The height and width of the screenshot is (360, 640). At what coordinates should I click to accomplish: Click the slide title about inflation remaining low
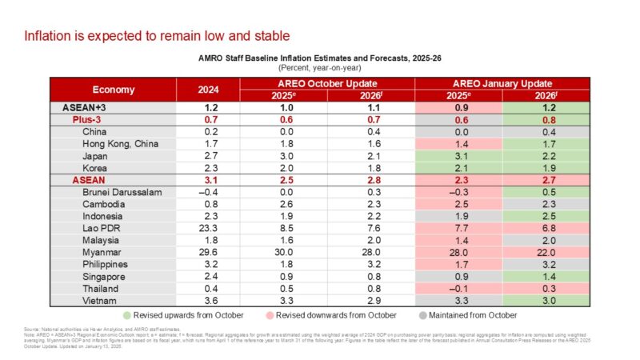coord(156,36)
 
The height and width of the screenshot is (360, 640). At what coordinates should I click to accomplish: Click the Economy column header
coord(113,90)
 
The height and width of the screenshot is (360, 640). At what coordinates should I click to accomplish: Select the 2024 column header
coord(208,90)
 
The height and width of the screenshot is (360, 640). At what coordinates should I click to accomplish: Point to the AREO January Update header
coord(502,83)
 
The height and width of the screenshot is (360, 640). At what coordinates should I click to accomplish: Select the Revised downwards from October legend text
coord(346,314)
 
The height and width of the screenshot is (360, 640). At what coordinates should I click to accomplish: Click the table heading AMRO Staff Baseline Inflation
coord(320,58)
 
